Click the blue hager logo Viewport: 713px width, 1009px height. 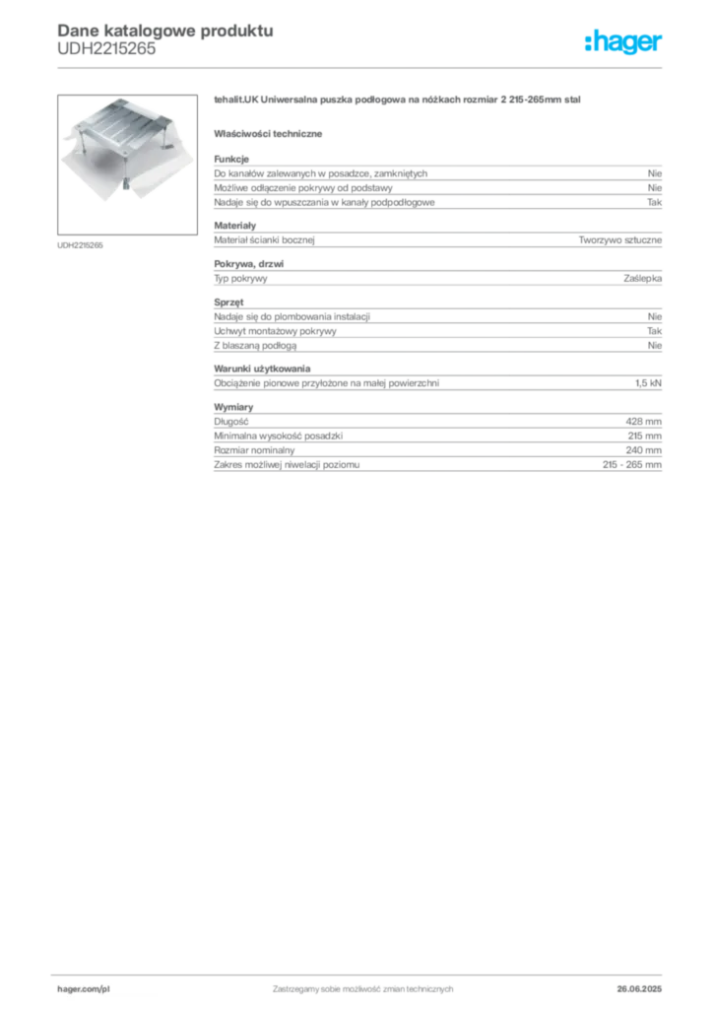click(624, 43)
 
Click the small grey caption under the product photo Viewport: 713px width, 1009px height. click(82, 244)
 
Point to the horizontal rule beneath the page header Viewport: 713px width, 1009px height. click(362, 67)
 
